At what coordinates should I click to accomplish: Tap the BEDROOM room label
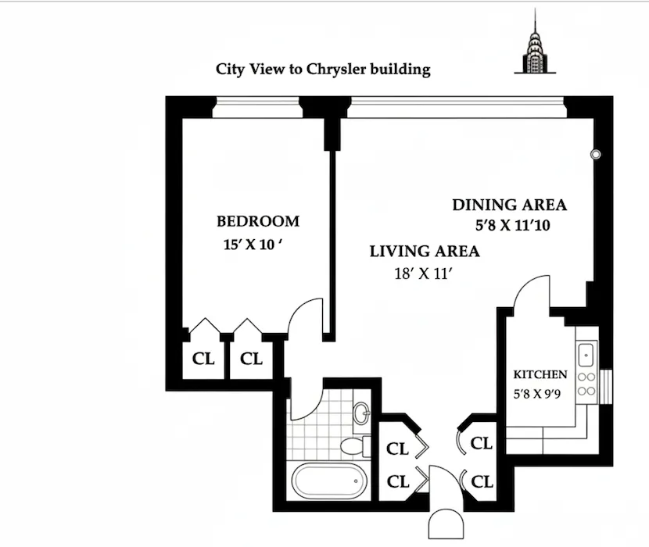click(x=258, y=222)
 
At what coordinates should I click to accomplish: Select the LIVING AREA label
click(x=425, y=252)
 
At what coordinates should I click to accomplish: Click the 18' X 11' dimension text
click(x=425, y=273)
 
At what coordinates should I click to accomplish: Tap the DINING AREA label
click(x=509, y=206)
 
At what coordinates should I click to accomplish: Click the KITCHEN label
click(x=540, y=374)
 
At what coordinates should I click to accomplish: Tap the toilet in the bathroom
click(x=354, y=446)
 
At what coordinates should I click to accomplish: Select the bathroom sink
click(x=360, y=413)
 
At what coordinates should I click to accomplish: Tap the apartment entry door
click(x=442, y=489)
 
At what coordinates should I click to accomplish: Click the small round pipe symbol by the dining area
click(x=596, y=155)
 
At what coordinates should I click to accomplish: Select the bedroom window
click(x=256, y=103)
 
